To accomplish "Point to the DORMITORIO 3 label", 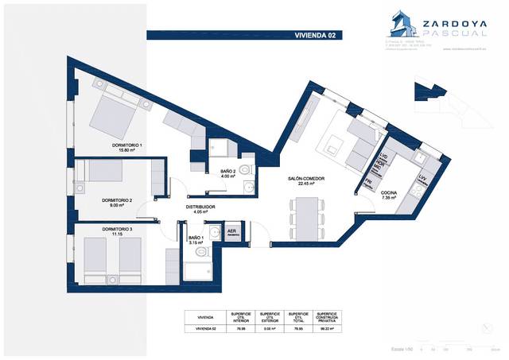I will point(107,231).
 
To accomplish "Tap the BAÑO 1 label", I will point(196,239).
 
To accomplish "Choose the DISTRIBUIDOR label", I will point(201,208).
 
